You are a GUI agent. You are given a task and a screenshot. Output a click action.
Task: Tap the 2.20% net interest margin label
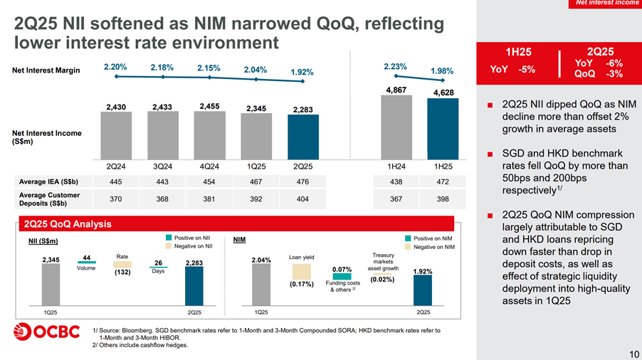(x=115, y=67)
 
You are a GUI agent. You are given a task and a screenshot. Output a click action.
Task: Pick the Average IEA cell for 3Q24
(x=162, y=181)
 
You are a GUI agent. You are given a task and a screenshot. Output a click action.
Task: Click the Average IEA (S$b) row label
(x=48, y=181)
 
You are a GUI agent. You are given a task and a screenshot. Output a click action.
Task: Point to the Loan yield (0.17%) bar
(x=302, y=271)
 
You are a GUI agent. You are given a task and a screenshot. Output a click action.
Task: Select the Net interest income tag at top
(x=606, y=4)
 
